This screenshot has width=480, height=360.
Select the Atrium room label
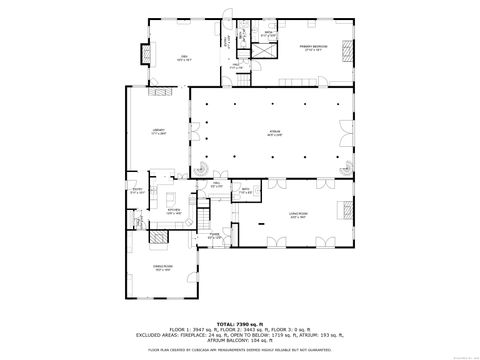click(272, 135)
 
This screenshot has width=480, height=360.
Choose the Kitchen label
click(174, 212)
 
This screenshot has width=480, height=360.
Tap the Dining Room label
click(163, 268)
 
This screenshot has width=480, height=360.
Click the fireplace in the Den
click(141, 55)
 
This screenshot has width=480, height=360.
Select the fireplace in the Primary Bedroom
click(347, 45)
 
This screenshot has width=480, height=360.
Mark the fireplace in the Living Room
click(347, 210)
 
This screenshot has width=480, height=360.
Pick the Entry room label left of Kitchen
click(138, 190)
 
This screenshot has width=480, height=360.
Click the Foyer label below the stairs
click(214, 237)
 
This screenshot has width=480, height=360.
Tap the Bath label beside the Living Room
click(245, 189)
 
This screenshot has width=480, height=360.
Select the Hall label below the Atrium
click(216, 184)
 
